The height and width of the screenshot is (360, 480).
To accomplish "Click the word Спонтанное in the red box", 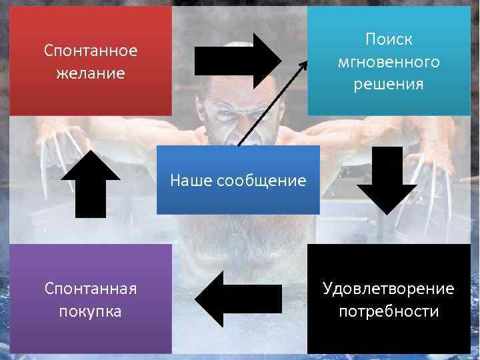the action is coord(91,51).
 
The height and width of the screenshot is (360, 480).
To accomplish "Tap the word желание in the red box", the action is coord(91,73).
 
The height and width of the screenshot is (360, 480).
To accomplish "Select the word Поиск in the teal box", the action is coord(389,39).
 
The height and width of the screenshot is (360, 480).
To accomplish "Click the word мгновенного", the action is coord(389,62).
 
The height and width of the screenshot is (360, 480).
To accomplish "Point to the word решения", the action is coord(389,85).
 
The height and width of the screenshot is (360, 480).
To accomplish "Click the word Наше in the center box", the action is coord(191,180).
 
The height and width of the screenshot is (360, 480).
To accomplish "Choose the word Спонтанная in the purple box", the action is coord(91,289).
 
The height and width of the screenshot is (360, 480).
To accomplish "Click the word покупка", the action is coord(91,311).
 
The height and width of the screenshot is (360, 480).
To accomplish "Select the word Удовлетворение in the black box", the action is coord(389,289).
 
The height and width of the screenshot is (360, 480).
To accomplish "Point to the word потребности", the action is coord(389,311).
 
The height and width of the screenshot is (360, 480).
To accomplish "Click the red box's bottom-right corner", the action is coord(171,115).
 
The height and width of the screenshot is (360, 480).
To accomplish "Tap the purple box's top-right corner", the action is coord(171,244).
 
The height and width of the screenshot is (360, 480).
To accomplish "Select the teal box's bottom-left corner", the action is coord(307,115).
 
